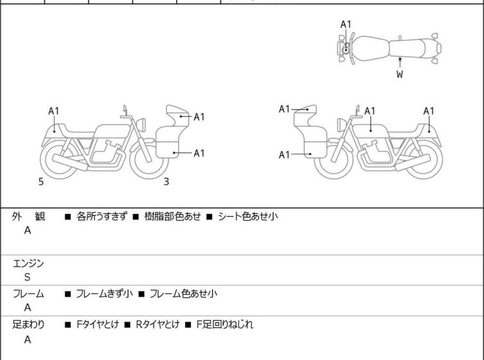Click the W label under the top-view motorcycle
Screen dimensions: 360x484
pyautogui.click(x=399, y=74)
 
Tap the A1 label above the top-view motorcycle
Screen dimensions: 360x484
pyautogui.click(x=346, y=24)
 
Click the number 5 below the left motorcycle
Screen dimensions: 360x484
pyautogui.click(x=41, y=182)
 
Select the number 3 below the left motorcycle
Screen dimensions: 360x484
pyautogui.click(x=166, y=182)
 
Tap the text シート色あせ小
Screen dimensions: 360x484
pyautogui.click(x=248, y=217)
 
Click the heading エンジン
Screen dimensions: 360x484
pyautogui.click(x=28, y=263)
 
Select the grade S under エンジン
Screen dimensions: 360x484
pyautogui.click(x=28, y=277)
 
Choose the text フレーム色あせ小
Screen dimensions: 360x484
pyautogui.click(x=183, y=294)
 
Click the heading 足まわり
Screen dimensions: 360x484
pyautogui.click(x=28, y=325)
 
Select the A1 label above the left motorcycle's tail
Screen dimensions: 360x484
pyautogui.click(x=54, y=111)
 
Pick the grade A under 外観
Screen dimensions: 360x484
pyautogui.click(x=28, y=231)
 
